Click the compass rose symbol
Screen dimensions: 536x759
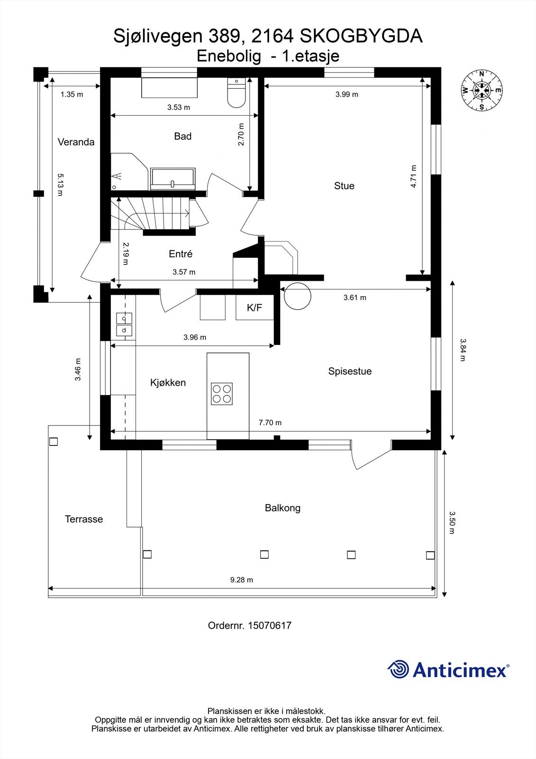481,90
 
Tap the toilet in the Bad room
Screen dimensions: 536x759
236,93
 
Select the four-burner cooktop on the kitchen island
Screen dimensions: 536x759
222,393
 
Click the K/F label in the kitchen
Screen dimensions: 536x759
254,307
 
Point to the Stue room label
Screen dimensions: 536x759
344,185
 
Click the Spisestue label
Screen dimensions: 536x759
350,371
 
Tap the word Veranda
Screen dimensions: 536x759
76,142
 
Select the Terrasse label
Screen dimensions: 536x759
83,519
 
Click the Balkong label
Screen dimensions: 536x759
282,508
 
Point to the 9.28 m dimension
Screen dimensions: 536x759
241,580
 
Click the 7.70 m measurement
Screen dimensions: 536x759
270,423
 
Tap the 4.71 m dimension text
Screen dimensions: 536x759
413,176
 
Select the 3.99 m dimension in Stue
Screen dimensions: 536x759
347,94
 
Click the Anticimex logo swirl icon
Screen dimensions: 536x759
398,669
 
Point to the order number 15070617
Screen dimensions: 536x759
270,625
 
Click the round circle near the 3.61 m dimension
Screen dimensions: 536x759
297,296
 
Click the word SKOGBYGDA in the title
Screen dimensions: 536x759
361,36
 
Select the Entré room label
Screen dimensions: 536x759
181,254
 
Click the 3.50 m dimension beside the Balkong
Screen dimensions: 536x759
452,522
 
